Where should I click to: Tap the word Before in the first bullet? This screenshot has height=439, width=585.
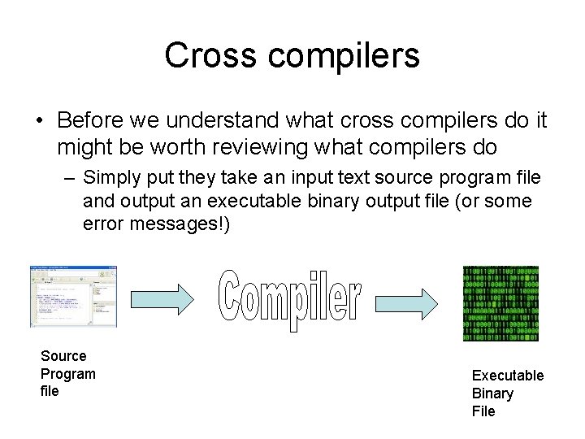[x=89, y=121]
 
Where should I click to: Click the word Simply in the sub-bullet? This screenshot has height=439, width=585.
[x=110, y=177]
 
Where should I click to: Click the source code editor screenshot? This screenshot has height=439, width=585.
[x=73, y=296]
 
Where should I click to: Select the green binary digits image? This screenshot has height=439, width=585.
[x=501, y=303]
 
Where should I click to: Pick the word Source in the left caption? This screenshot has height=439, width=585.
[x=63, y=356]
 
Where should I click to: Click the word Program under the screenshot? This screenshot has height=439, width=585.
[x=68, y=374]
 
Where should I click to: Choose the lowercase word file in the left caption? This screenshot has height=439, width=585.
[x=50, y=392]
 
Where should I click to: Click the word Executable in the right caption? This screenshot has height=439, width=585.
[x=508, y=376]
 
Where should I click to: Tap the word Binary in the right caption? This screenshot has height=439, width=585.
[x=492, y=393]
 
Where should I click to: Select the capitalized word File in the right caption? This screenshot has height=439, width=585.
[x=483, y=411]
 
